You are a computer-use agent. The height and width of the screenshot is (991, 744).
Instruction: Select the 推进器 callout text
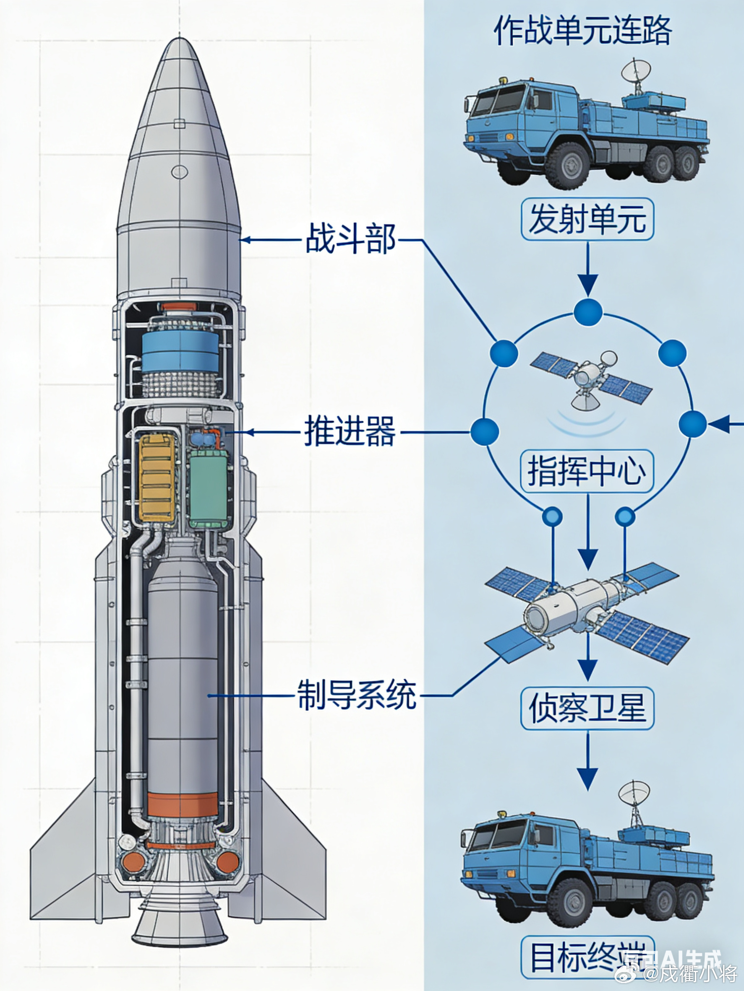click(x=350, y=432)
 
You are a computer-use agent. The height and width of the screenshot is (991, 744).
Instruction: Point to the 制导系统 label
click(x=357, y=695)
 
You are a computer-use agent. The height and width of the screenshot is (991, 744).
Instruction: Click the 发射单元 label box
click(x=587, y=219)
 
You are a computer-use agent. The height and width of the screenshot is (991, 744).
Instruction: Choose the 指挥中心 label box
click(x=587, y=471)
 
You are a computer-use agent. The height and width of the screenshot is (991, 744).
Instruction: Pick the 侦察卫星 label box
click(x=587, y=709)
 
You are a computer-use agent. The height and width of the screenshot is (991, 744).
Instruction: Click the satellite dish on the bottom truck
click(x=634, y=794)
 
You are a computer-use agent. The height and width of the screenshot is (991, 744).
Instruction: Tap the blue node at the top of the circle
click(x=587, y=311)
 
